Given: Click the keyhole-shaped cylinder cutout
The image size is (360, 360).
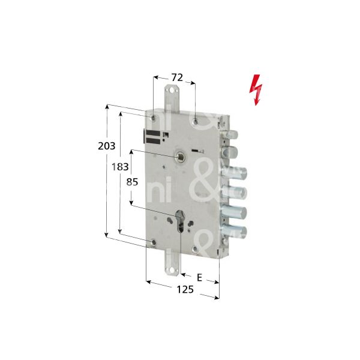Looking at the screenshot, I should (x=181, y=220).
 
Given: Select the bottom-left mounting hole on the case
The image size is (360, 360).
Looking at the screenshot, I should (x=154, y=243).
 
